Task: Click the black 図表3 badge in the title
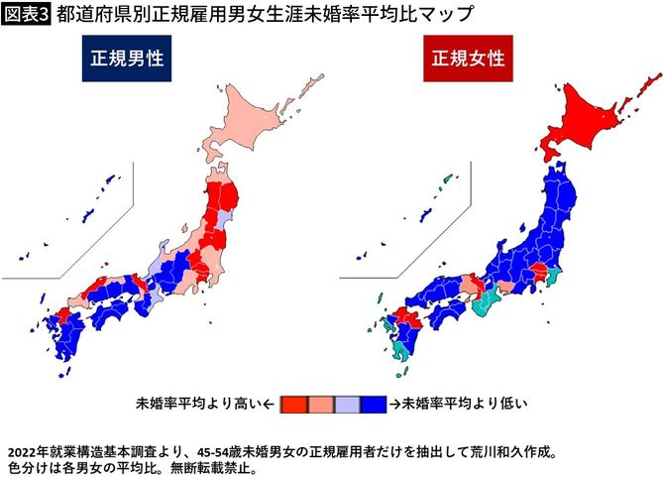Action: [x=26, y=14]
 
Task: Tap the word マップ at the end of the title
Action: [x=445, y=14]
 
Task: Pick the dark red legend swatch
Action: [x=292, y=404]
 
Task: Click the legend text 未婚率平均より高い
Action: [x=198, y=404]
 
